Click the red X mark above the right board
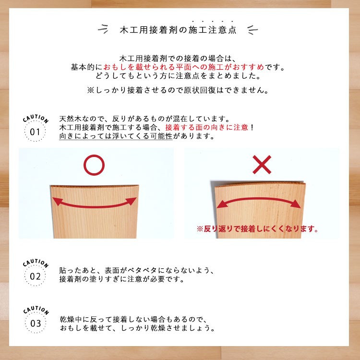[x=262, y=165]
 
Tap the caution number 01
[x=35, y=132]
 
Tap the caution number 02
[x=35, y=276]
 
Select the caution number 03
[x=36, y=324]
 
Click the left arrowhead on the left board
[x=58, y=202]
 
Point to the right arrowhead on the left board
[x=132, y=201]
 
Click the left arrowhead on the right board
[x=222, y=204]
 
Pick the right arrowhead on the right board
[x=296, y=204]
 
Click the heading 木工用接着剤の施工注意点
[x=178, y=30]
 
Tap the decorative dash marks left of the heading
[x=103, y=29]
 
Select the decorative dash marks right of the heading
[x=252, y=30]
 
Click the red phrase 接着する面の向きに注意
[x=206, y=127]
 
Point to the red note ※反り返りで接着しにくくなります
[x=257, y=229]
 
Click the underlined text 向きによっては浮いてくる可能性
[x=116, y=136]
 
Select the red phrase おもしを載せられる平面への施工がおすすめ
[x=184, y=67]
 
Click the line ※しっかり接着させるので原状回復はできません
[x=178, y=90]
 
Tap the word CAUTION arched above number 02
[x=36, y=263]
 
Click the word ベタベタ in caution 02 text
[x=143, y=270]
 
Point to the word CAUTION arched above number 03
[x=36, y=310]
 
